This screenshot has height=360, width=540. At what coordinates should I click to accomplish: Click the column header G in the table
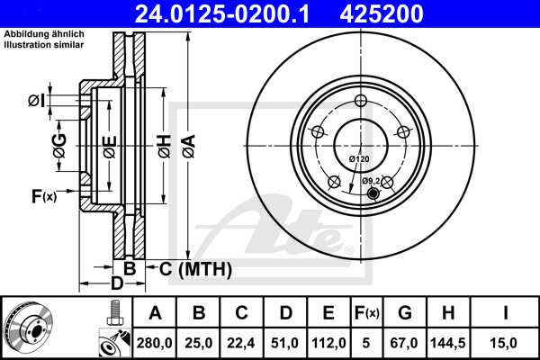pyautogui.click(x=404, y=312)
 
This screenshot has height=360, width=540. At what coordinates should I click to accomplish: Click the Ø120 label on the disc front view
pyautogui.click(x=359, y=159)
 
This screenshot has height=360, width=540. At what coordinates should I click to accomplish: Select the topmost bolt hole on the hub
pyautogui.click(x=361, y=101)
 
